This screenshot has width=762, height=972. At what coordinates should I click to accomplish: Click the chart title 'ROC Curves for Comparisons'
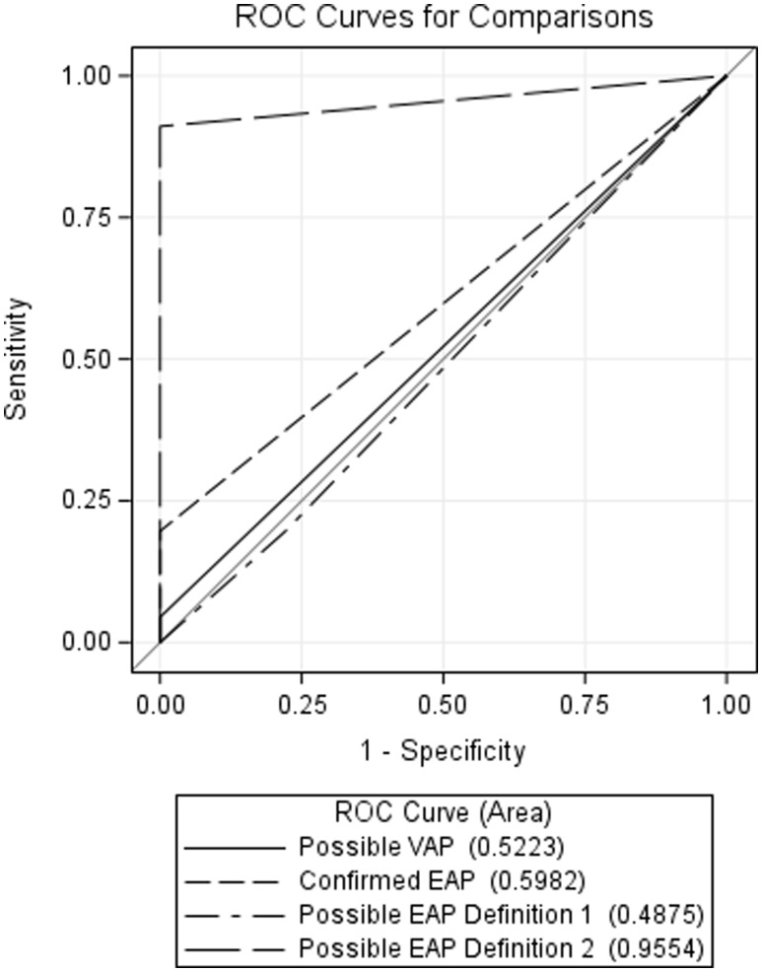click(x=444, y=17)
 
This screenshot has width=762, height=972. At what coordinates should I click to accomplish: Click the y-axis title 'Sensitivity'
click(x=16, y=359)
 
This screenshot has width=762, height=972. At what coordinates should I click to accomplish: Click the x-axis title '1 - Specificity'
click(x=443, y=751)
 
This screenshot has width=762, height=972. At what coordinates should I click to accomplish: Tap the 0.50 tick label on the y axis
click(x=88, y=359)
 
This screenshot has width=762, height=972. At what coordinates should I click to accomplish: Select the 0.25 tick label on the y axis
click(x=88, y=500)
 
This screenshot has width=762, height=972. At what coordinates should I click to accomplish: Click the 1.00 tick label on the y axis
click(x=88, y=76)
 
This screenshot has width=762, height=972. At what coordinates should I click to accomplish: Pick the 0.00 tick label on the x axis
click(x=160, y=706)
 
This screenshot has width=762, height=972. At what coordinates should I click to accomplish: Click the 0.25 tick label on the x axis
click(x=302, y=706)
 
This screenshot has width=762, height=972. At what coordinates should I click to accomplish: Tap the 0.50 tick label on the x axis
click(x=444, y=706)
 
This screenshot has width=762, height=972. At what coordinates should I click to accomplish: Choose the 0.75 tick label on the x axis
click(x=585, y=706)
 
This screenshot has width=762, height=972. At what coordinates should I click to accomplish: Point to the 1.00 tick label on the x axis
click(x=727, y=706)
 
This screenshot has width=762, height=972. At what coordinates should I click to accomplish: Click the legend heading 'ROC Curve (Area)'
click(x=443, y=812)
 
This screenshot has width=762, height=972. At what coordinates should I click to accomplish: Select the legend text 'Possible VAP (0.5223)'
click(x=432, y=847)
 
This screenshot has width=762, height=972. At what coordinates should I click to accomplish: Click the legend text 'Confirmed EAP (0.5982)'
click(x=442, y=880)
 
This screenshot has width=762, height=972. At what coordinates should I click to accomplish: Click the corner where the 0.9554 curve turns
click(x=160, y=126)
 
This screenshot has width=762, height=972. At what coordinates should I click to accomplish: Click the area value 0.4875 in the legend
click(x=656, y=915)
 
